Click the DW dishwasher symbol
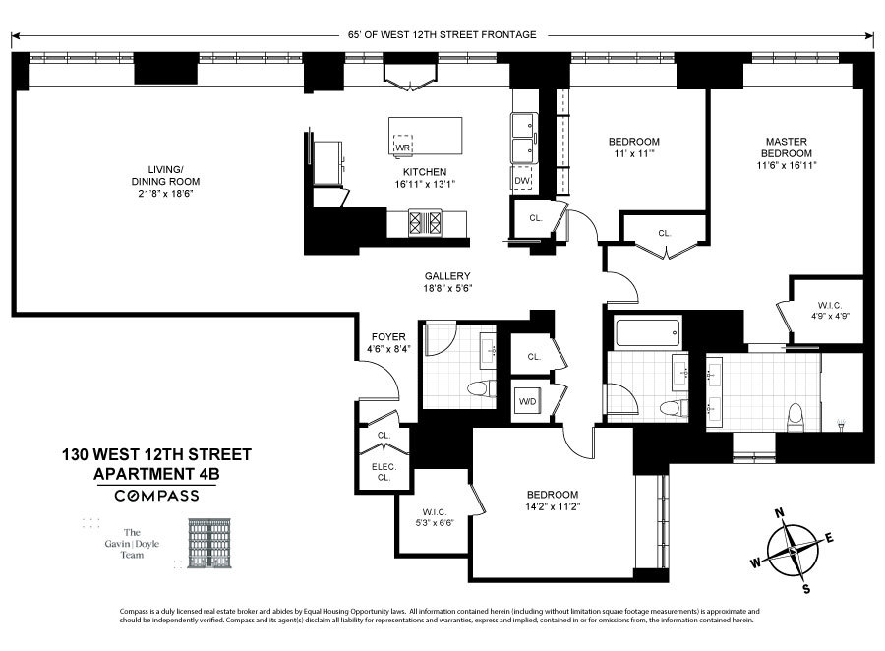[522, 180]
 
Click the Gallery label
[447, 276]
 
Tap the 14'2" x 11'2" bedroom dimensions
[551, 507]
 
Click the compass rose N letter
[779, 512]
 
